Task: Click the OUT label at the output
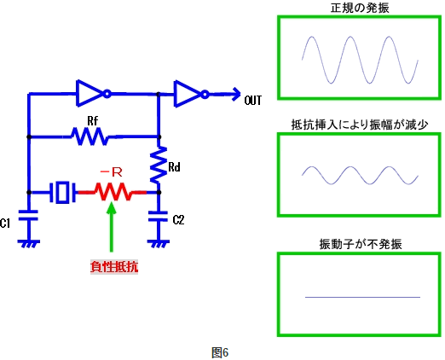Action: click(253, 101)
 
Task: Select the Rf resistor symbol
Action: click(90, 136)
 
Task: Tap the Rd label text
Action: click(174, 168)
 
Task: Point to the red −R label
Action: click(112, 171)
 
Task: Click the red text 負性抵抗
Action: click(113, 266)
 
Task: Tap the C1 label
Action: click(6, 224)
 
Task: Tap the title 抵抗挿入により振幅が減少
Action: click(360, 125)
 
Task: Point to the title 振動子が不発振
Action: click(360, 244)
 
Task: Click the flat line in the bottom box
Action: click(362, 297)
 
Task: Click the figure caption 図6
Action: click(221, 351)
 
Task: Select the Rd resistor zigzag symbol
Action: click(159, 167)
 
